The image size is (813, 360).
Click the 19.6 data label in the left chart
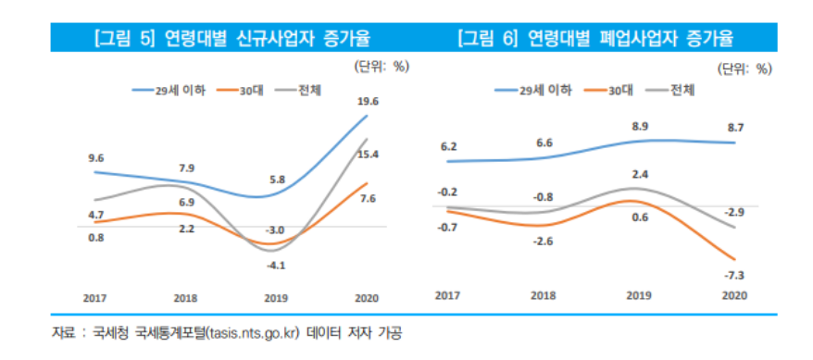pos(367,102)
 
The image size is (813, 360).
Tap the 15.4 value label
pos(368,155)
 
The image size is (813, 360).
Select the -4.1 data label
pos(277,266)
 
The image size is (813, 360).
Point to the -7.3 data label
pos(735,275)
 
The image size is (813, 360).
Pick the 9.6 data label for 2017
pos(95,158)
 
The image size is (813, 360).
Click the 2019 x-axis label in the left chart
pos(277,298)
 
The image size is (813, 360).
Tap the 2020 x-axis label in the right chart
pos(734,293)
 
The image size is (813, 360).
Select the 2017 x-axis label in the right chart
pos(447,293)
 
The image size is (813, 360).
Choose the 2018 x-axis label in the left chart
pos(186,298)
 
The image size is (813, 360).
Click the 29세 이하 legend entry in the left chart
pos(169,90)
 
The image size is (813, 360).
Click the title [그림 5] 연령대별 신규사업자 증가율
pos(231,39)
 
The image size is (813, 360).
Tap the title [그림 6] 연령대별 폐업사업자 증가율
pos(594,39)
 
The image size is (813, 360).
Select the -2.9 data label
pos(735,213)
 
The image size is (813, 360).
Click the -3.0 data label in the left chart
pos(277,230)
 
